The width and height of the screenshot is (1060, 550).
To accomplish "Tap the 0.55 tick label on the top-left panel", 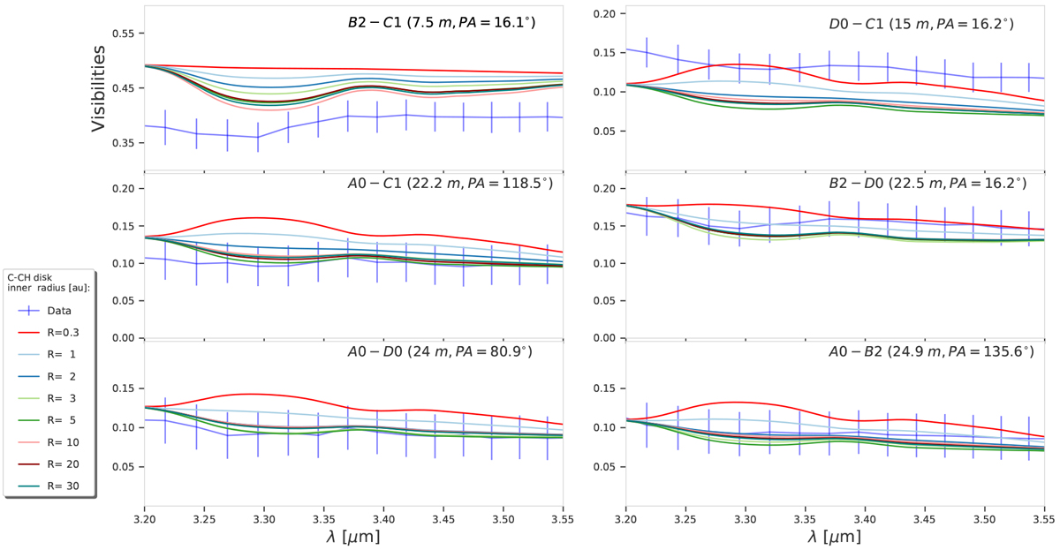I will click(x=125, y=34).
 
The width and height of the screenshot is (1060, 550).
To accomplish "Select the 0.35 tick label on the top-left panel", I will click(x=125, y=143).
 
